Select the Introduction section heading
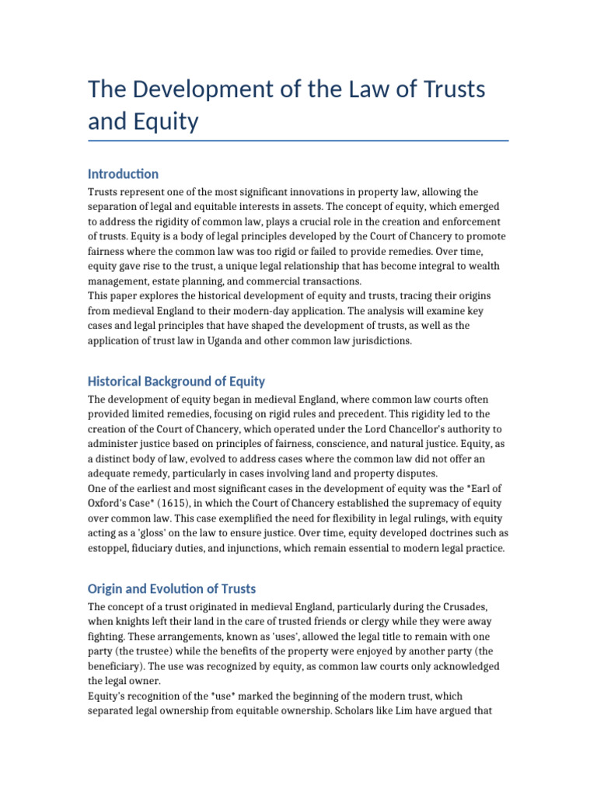coord(124,174)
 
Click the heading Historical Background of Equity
coord(176,382)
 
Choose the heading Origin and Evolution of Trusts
coord(172,588)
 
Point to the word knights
coord(139,622)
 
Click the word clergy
coord(383,622)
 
